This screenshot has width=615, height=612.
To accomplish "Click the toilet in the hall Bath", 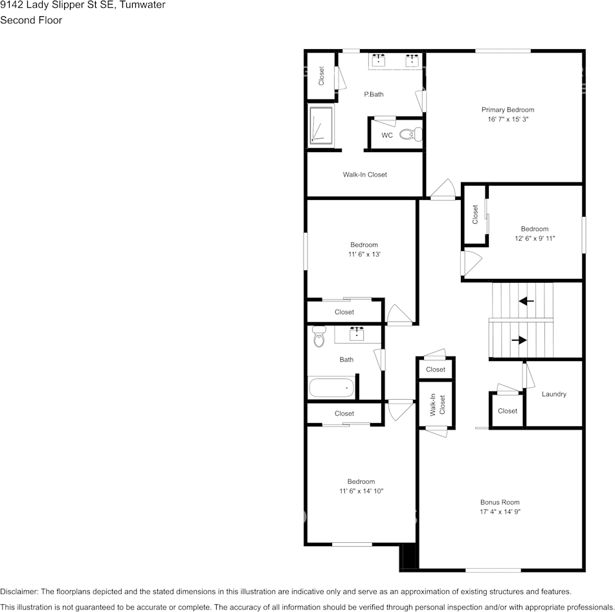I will click(318, 336).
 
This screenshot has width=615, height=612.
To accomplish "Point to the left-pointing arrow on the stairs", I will click(526, 301).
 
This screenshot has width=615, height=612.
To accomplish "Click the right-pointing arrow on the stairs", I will click(519, 340).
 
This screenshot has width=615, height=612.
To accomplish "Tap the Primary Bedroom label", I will click(508, 110).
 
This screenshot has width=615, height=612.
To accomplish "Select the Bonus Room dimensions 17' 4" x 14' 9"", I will click(500, 512).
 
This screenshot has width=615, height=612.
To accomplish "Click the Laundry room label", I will click(554, 394).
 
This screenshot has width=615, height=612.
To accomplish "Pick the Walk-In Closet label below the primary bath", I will click(364, 175).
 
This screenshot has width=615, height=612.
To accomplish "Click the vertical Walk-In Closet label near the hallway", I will click(438, 405).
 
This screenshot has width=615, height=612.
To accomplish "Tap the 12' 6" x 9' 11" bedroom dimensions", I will click(534, 238).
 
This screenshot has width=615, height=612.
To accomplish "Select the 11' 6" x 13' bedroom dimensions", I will click(364, 254).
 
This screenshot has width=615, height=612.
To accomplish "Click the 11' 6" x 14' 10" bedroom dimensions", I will click(361, 491).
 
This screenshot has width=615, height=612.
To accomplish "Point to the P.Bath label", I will click(374, 94).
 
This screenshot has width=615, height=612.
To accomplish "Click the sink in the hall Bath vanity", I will click(357, 334).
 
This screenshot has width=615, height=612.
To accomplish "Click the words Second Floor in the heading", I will click(31, 20).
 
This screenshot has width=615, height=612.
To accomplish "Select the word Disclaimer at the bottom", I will click(19, 591).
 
